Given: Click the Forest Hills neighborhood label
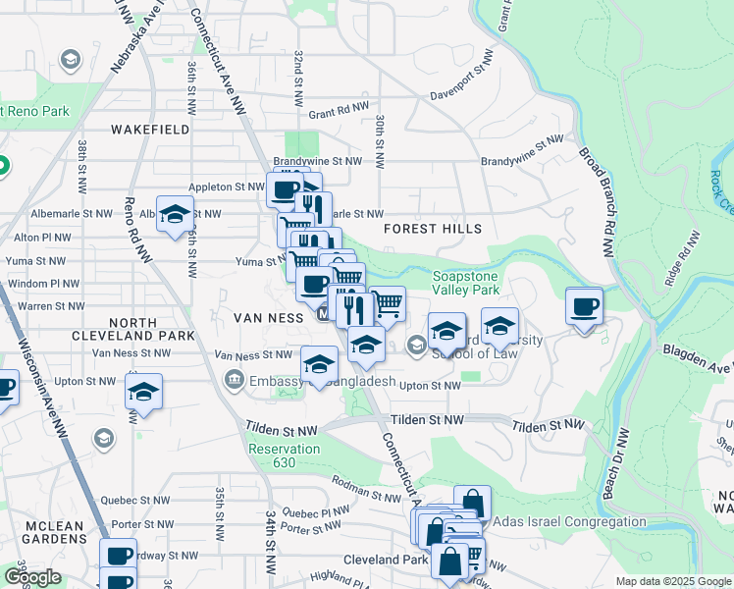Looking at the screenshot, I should pos(433,229).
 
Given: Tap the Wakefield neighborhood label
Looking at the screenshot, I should pos(150,129).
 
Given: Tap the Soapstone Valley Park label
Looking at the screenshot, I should pos(467,283).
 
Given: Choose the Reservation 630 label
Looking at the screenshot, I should pos(284,455).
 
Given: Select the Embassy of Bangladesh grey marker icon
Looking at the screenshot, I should pos(235,380).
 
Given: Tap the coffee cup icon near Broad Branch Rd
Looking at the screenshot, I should pos(585,306).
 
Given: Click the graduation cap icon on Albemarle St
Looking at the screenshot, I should pos(175,214).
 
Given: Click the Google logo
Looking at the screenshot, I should pos(32,578).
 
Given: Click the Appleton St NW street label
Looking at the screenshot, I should pos(227,187).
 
